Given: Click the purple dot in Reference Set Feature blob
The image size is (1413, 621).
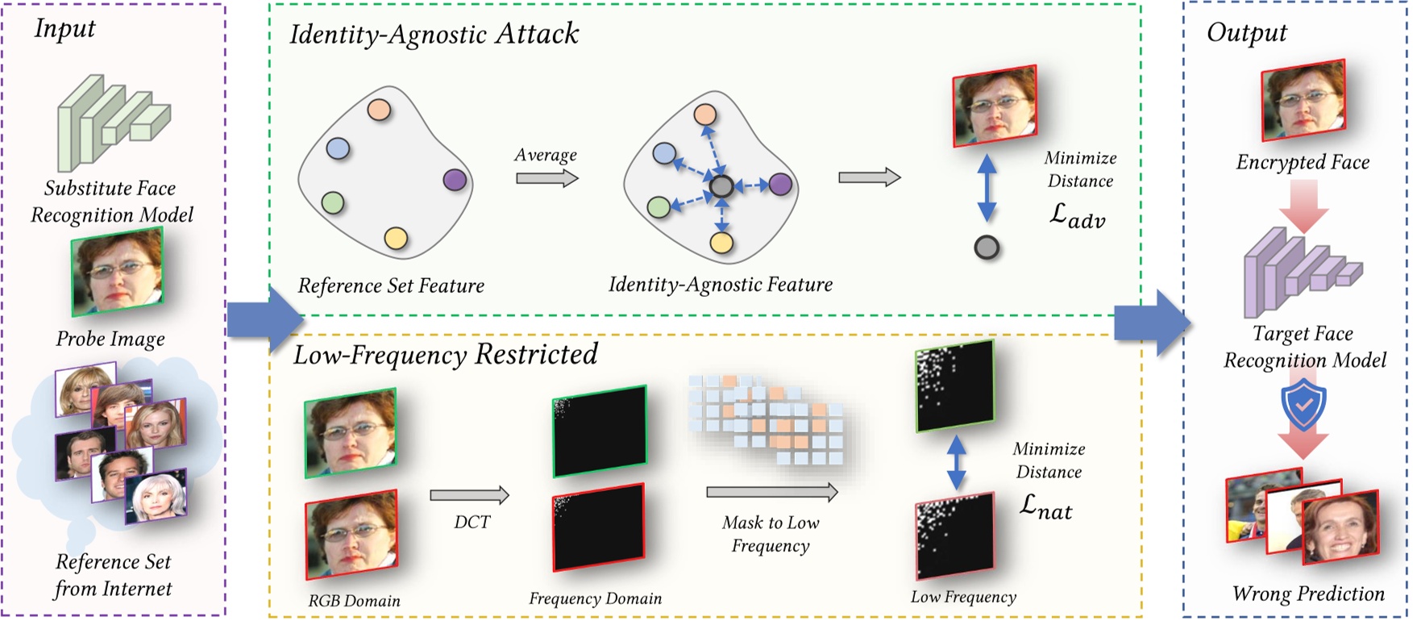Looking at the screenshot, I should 455,179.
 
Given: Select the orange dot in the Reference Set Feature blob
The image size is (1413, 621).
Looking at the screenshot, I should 379,109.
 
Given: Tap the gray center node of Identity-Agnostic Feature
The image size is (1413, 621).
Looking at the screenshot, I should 721,187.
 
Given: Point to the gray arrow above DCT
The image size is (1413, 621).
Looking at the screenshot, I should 470,494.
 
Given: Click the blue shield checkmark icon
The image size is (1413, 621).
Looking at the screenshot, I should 1303,406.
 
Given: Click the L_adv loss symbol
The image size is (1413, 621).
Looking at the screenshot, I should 1077,215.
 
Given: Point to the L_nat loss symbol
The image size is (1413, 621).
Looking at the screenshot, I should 1045,506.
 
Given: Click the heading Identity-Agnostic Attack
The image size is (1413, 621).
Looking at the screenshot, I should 434,34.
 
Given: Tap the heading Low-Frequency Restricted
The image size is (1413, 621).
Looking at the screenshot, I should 445,355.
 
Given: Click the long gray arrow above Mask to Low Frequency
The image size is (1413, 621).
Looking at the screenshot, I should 772,492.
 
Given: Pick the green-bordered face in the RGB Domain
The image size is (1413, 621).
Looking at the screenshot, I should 351,434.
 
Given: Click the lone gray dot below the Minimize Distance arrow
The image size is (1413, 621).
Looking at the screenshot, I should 987,247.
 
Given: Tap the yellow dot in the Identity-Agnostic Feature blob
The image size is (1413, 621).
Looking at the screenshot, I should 721,242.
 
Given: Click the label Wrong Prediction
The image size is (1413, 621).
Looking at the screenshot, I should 1307,594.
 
